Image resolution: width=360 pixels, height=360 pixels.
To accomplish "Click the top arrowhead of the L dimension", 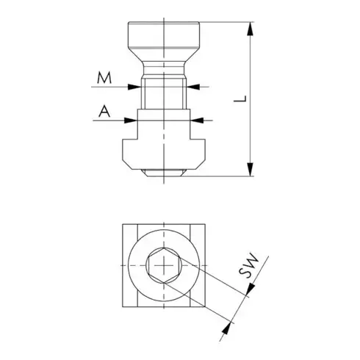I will [252, 29].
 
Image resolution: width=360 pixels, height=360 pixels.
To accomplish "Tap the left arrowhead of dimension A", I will [130, 117].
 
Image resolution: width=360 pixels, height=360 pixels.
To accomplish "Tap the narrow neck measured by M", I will [163, 92].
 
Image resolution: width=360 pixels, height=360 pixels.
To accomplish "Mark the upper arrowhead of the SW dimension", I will [248, 293].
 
